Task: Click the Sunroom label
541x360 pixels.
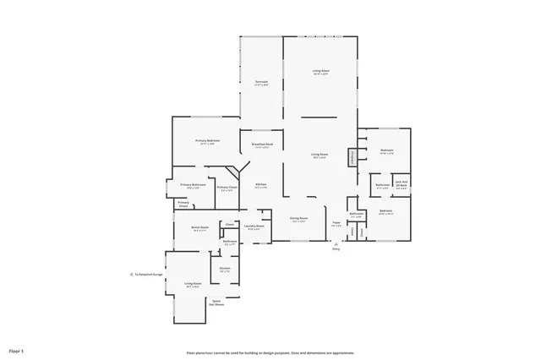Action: pos(261,83)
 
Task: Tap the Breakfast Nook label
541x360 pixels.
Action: pos(261,146)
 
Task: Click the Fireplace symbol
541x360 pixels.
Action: pos(352,158)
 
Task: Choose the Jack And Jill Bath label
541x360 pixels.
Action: pos(402,183)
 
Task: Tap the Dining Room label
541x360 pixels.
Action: pos(298,219)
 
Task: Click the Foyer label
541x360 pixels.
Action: pos(336,224)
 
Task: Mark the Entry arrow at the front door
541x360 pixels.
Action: pos(336,245)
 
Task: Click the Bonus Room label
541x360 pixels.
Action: pos(200,228)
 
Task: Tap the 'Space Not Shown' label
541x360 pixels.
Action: pos(217,303)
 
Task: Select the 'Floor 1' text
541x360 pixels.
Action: pos(17,350)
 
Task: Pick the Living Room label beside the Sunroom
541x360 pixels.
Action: pos(320,73)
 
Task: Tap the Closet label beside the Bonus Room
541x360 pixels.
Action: pos(229,224)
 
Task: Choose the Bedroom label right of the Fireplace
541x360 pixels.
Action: pos(386,152)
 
